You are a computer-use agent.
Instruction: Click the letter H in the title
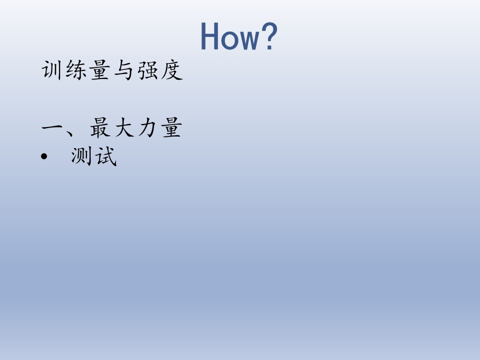pyautogui.click(x=209, y=36)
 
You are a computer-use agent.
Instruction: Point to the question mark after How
pyautogui.click(x=269, y=36)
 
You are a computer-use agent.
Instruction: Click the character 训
pyautogui.click(x=51, y=70)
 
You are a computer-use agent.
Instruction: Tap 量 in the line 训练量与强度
pyautogui.click(x=100, y=70)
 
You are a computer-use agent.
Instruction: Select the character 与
pyautogui.click(x=123, y=70)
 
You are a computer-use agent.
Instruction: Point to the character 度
pyautogui.click(x=172, y=70)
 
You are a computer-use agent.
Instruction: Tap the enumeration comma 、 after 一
pyautogui.click(x=69, y=132)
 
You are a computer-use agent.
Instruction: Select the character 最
pyautogui.click(x=100, y=127)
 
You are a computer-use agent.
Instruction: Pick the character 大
pyautogui.click(x=124, y=127)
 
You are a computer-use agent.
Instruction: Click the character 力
pyautogui.click(x=148, y=127)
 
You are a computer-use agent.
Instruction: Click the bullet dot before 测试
pyautogui.click(x=44, y=156)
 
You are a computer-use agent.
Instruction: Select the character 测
pyautogui.click(x=81, y=156)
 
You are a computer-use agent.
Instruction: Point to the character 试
pyautogui.click(x=106, y=156)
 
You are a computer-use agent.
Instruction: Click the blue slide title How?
pyautogui.click(x=239, y=36)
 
